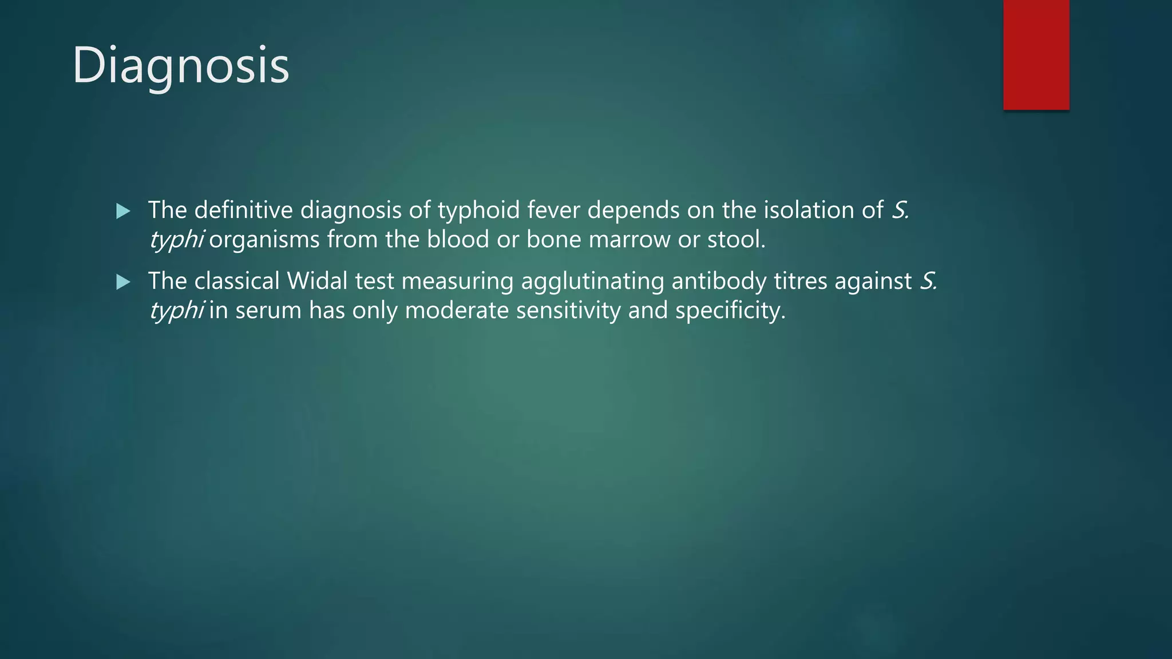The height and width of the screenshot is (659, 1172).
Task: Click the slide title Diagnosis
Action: click(181, 66)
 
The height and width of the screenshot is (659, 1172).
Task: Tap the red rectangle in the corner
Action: click(1036, 55)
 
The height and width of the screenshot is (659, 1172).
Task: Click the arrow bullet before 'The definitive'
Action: click(123, 212)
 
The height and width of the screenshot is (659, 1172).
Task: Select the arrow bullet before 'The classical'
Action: click(123, 282)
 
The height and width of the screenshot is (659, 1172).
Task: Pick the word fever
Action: click(553, 211)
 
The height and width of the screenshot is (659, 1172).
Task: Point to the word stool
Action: click(736, 240)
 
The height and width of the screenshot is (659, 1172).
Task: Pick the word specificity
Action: click(730, 311)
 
